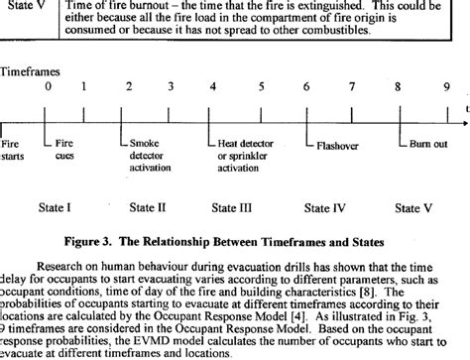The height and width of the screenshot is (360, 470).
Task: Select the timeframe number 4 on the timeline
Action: pos(213,86)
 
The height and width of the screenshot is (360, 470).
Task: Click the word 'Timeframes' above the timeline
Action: pos(31,72)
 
